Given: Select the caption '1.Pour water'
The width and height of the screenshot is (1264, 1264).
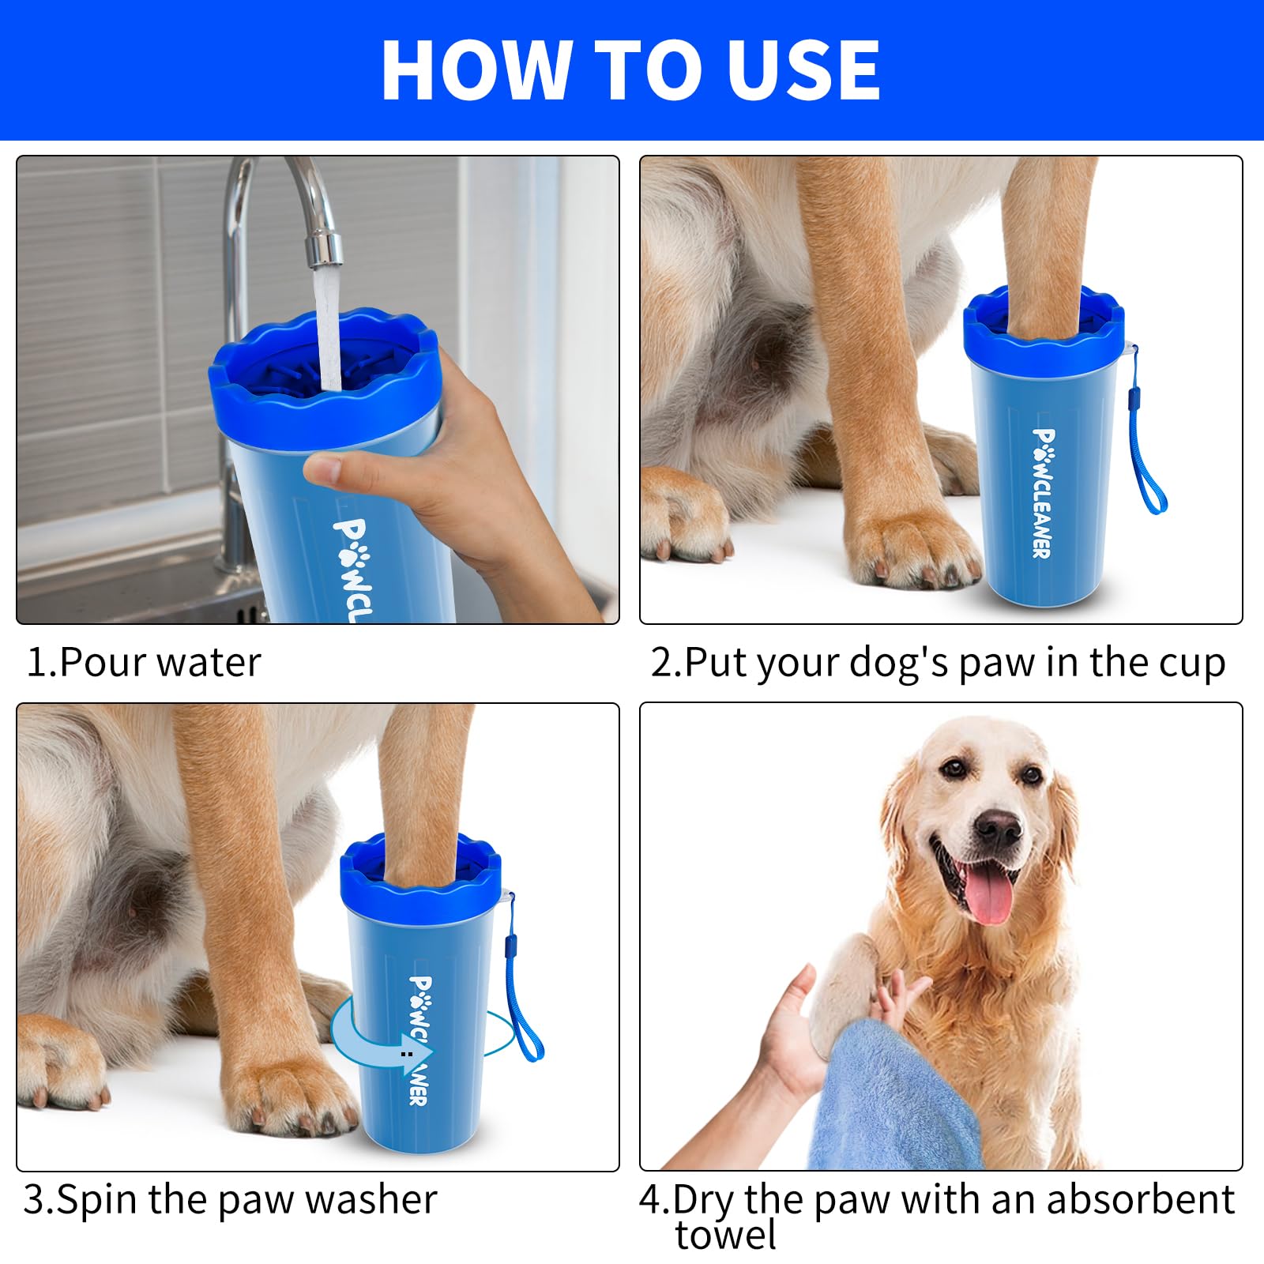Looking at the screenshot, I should [143, 662].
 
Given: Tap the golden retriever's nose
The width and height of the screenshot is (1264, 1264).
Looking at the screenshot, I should [997, 827].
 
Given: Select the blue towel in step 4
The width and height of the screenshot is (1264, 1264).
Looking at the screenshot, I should [893, 1098].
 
